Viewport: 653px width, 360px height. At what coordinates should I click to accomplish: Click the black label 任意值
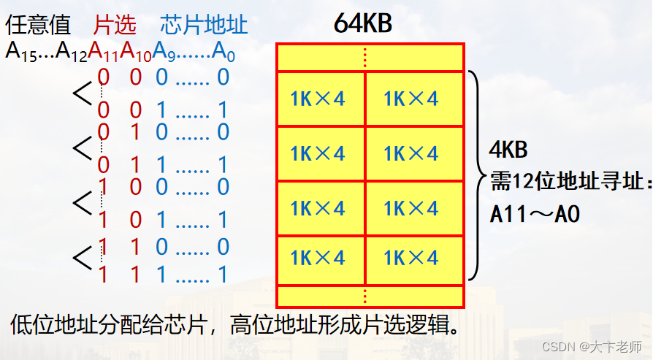pos(38,26)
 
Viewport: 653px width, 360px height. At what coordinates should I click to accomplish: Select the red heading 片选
pos(115,26)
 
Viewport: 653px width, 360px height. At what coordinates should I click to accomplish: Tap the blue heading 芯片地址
pos(204,26)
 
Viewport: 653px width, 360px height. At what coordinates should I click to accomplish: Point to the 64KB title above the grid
pos(362,23)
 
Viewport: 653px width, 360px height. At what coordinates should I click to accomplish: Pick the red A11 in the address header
pos(104,51)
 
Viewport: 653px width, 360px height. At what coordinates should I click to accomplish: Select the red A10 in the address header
pos(136,51)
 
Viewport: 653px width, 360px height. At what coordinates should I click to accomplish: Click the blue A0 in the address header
pos(223,51)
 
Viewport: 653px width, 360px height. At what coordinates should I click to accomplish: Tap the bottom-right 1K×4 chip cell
pos(411,258)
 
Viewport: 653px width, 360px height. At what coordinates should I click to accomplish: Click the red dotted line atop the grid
pos(366,57)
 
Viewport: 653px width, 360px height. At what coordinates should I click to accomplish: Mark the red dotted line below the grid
pos(366,295)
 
